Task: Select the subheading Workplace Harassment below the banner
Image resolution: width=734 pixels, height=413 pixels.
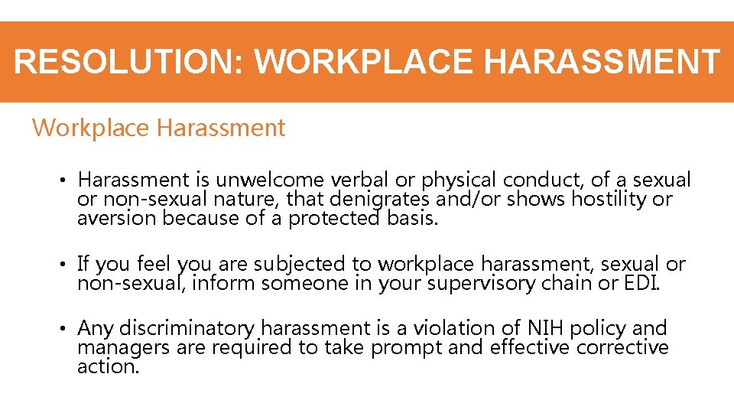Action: tap(158, 128)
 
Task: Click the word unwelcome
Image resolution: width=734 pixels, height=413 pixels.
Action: tap(270, 180)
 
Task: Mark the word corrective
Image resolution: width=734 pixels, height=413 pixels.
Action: tap(622, 348)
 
